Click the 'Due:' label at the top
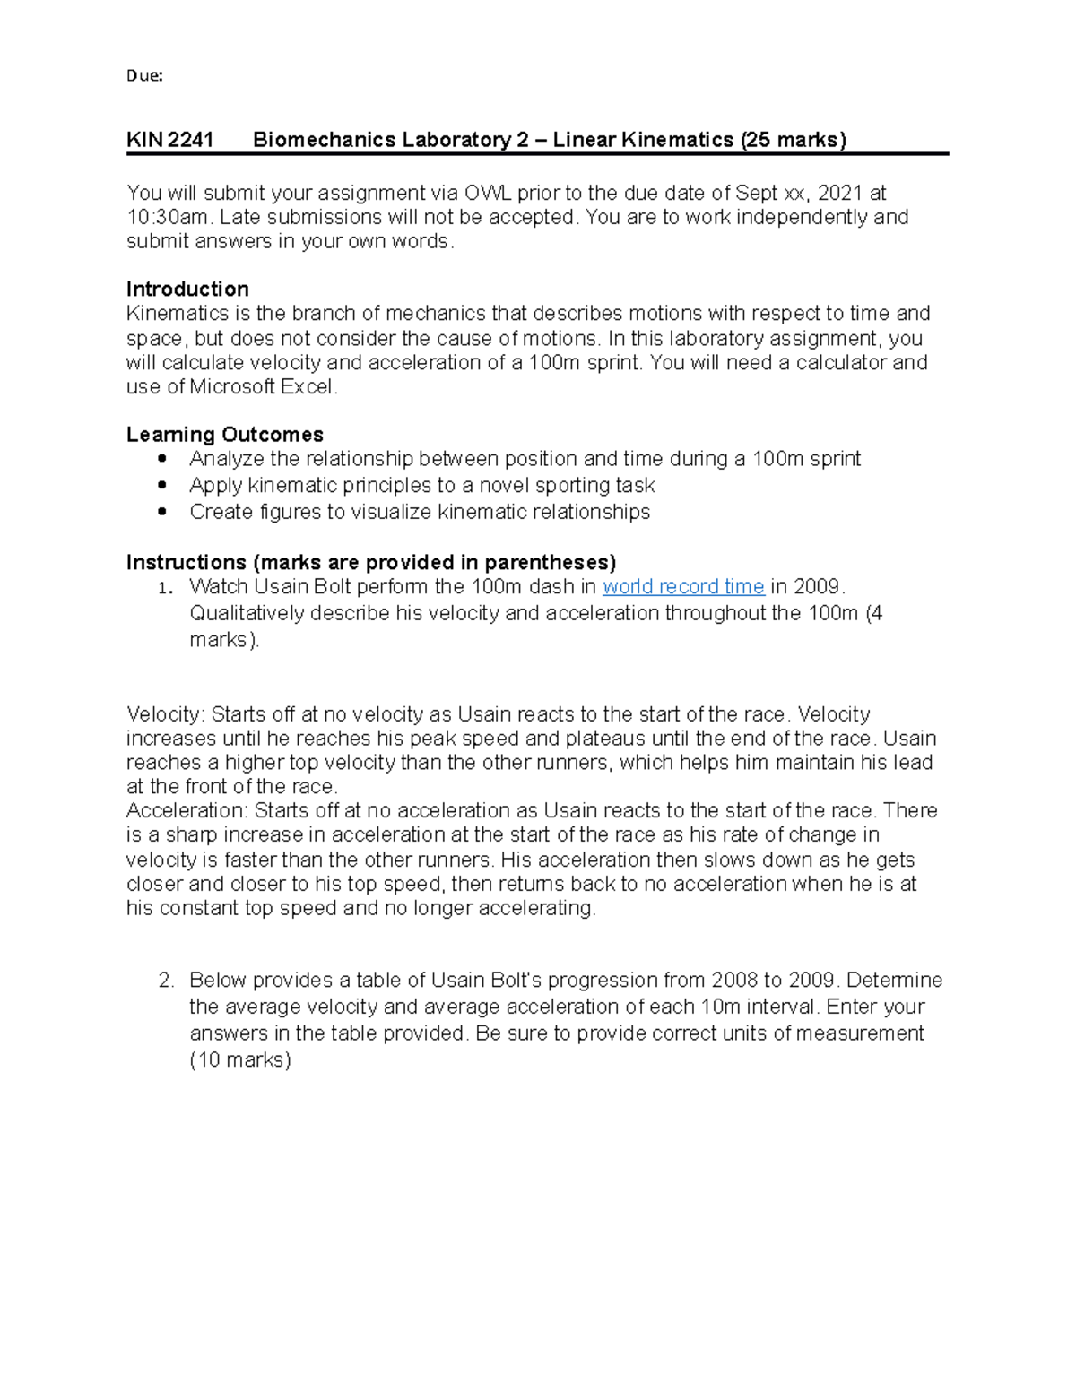pyautogui.click(x=144, y=76)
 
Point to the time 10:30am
pyautogui.click(x=168, y=217)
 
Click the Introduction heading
pyautogui.click(x=187, y=289)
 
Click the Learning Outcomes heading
pyautogui.click(x=224, y=435)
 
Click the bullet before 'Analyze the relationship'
pyautogui.click(x=161, y=459)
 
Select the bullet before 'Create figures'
pyautogui.click(x=161, y=512)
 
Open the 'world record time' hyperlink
pyautogui.click(x=683, y=587)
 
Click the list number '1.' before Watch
pyautogui.click(x=164, y=589)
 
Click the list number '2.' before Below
pyautogui.click(x=166, y=981)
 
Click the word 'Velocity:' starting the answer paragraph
pyautogui.click(x=166, y=714)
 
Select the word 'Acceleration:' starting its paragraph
pyautogui.click(x=187, y=811)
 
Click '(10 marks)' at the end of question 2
pyautogui.click(x=240, y=1059)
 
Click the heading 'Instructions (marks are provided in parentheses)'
pyautogui.click(x=371, y=563)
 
